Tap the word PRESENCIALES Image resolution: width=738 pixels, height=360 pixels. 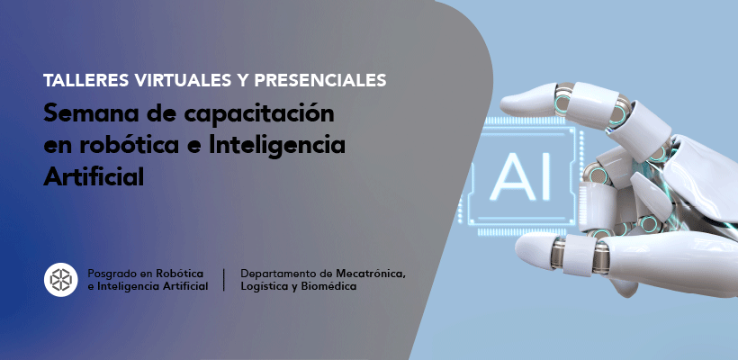coord(320,80)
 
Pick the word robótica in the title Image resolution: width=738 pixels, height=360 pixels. coord(130,146)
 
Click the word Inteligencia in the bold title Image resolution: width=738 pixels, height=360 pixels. coord(277,147)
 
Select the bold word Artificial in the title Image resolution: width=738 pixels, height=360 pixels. coord(94,177)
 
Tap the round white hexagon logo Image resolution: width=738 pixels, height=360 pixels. coord(60,280)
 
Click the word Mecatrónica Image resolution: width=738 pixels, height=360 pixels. coord(371,274)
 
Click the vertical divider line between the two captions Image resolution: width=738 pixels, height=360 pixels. coord(223,280)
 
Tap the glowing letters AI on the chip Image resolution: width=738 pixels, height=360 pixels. coord(519,176)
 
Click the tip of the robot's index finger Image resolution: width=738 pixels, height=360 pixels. coord(502,105)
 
